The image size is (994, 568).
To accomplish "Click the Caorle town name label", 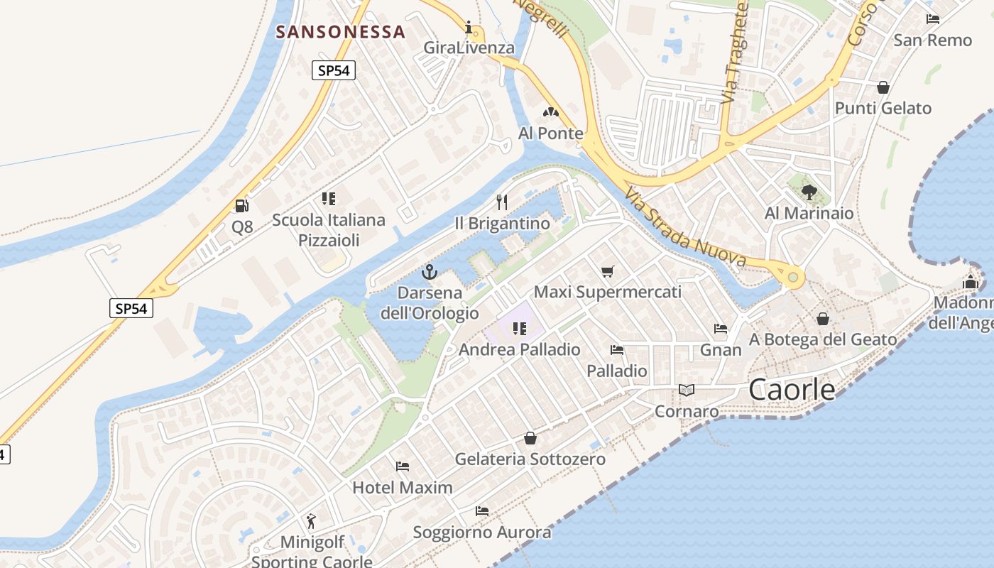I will [792, 390].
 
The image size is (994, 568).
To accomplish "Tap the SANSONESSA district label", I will [340, 32].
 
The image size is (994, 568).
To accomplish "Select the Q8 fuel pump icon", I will [242, 206].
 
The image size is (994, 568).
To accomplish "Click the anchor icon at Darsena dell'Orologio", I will [429, 272].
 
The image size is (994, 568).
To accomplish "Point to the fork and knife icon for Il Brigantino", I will [502, 202].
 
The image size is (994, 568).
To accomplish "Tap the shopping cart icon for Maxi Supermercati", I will [607, 271].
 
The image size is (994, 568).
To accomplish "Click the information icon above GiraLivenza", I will [469, 28].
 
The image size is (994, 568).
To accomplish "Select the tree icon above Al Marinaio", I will [809, 192].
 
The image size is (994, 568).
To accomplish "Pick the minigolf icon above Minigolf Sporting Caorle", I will [311, 522].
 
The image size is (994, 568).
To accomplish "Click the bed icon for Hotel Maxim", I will [403, 466].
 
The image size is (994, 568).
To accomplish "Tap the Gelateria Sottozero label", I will [530, 459].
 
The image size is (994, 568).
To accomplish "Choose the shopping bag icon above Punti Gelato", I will [883, 87].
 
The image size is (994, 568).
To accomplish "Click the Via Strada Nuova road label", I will [686, 228].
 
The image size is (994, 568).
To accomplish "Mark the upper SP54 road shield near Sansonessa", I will [333, 70].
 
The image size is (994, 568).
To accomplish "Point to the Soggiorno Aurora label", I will [482, 532].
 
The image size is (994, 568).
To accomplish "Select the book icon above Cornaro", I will [686, 390].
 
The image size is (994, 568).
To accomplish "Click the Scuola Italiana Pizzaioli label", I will [329, 230].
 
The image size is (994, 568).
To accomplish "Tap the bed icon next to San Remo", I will [933, 19].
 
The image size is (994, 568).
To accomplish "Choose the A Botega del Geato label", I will [823, 340].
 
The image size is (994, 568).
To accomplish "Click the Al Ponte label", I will [551, 133].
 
